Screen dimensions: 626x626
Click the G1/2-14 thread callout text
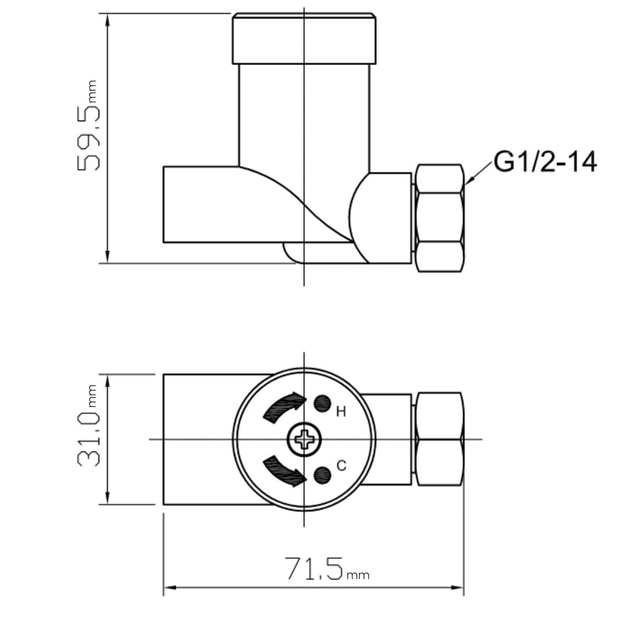[x=545, y=162]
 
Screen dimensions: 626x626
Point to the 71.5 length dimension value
[x=314, y=569]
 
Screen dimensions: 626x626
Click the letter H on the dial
[x=341, y=412]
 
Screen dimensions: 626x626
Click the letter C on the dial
[x=341, y=465]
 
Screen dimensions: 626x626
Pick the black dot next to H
[x=322, y=403]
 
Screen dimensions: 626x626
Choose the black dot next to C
[x=322, y=475]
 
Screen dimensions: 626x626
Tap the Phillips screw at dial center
[x=304, y=439]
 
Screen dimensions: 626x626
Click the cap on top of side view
[x=304, y=39]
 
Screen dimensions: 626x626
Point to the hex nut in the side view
[x=440, y=218]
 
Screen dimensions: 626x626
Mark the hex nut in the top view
[x=440, y=439]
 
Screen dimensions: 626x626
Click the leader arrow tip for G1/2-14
[x=465, y=184]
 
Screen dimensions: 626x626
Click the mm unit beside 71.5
[x=358, y=576]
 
